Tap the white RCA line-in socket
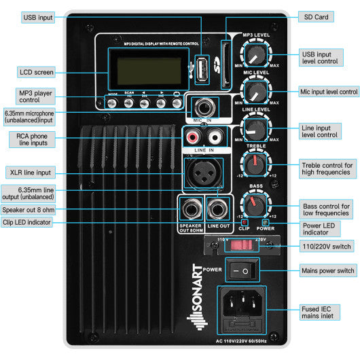tap(211, 138)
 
